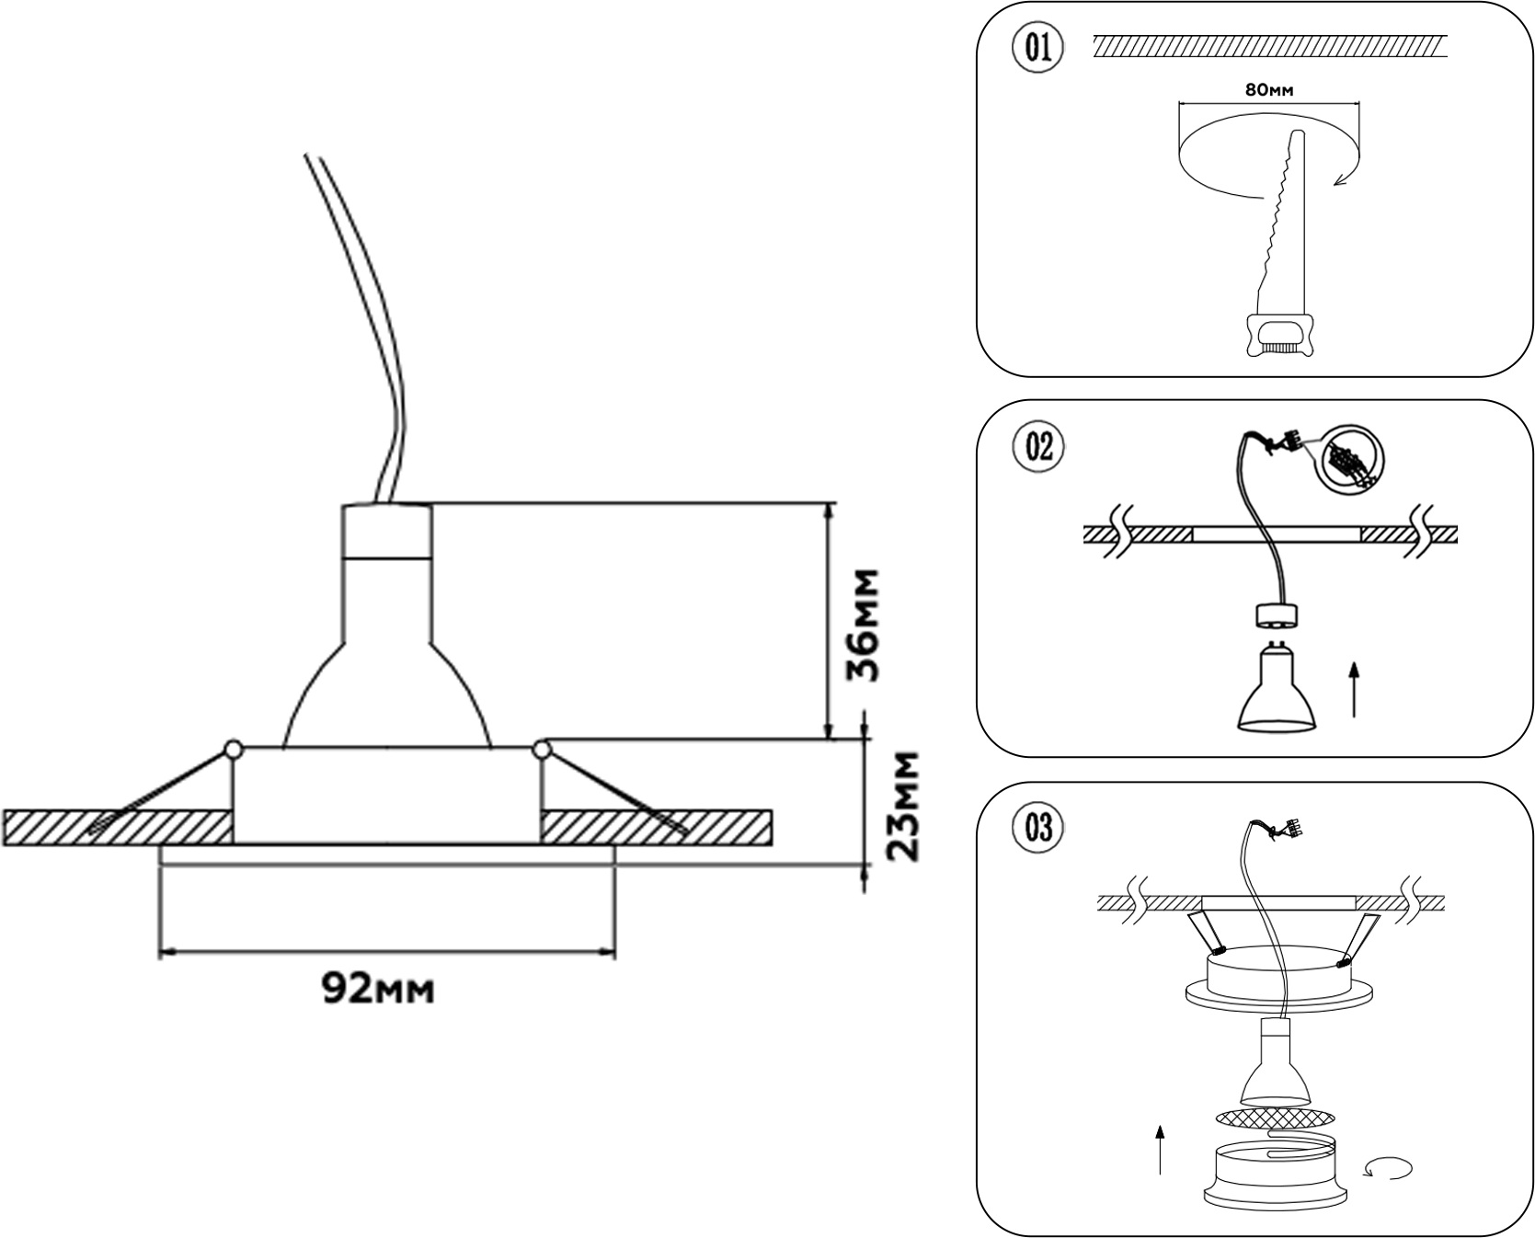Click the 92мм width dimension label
click(x=377, y=989)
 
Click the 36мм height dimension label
click(x=864, y=625)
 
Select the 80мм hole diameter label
click(x=1269, y=90)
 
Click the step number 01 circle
click(x=1038, y=48)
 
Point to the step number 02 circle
click(x=1038, y=448)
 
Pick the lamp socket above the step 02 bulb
click(x=1275, y=616)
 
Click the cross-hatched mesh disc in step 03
click(x=1275, y=1118)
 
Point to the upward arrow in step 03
click(x=1160, y=1150)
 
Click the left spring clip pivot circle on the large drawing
click(x=233, y=750)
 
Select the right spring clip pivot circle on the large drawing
click(x=542, y=750)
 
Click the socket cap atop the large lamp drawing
click(x=386, y=531)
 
